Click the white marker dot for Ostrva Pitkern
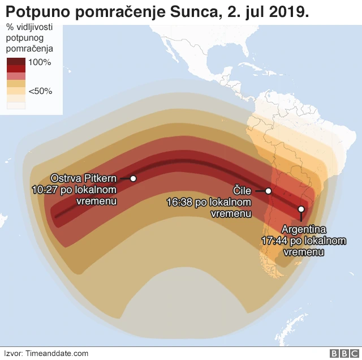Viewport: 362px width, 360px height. tap(133, 178)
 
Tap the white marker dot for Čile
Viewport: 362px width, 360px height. tap(269, 191)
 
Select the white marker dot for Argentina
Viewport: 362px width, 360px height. tap(301, 209)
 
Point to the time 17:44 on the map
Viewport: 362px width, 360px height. tap(273, 241)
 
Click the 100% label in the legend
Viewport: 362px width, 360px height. tap(40, 62)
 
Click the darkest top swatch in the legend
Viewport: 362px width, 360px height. tap(16, 62)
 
